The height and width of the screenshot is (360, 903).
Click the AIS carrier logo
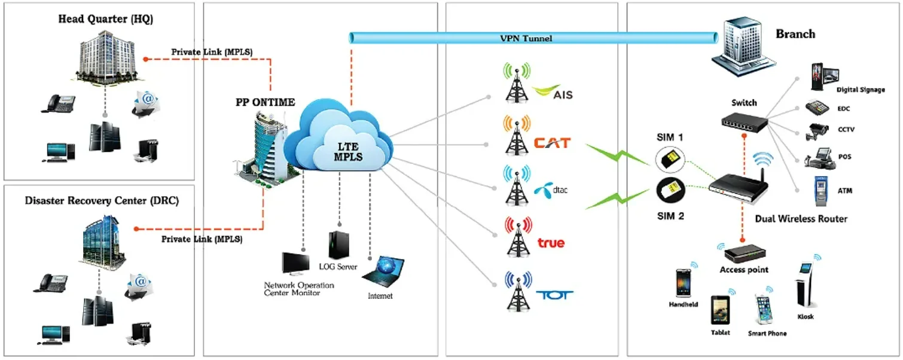(554, 92)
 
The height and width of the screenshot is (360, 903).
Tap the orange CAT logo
(552, 143)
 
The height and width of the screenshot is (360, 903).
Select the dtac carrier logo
(550, 190)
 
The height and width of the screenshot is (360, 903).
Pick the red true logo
(551, 242)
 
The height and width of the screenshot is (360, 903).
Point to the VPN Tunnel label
(526, 38)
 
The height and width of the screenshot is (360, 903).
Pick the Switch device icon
(744, 121)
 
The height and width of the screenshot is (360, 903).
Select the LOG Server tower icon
(337, 245)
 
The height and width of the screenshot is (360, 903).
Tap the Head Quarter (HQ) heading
(105, 19)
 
